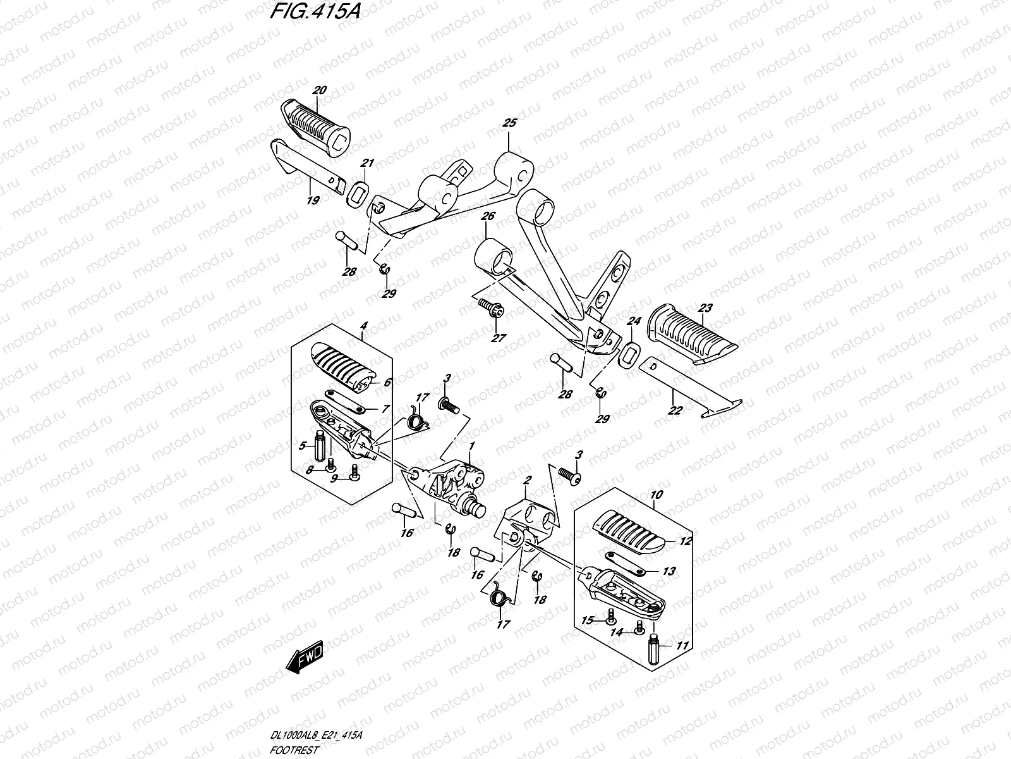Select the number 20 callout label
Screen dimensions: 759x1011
(x=319, y=91)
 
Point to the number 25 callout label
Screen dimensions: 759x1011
(x=509, y=123)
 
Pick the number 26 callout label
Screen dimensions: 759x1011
(x=487, y=217)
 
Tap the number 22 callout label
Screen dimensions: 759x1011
(x=675, y=410)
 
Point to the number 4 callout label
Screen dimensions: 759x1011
(x=363, y=326)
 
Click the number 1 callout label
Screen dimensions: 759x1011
(x=471, y=447)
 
